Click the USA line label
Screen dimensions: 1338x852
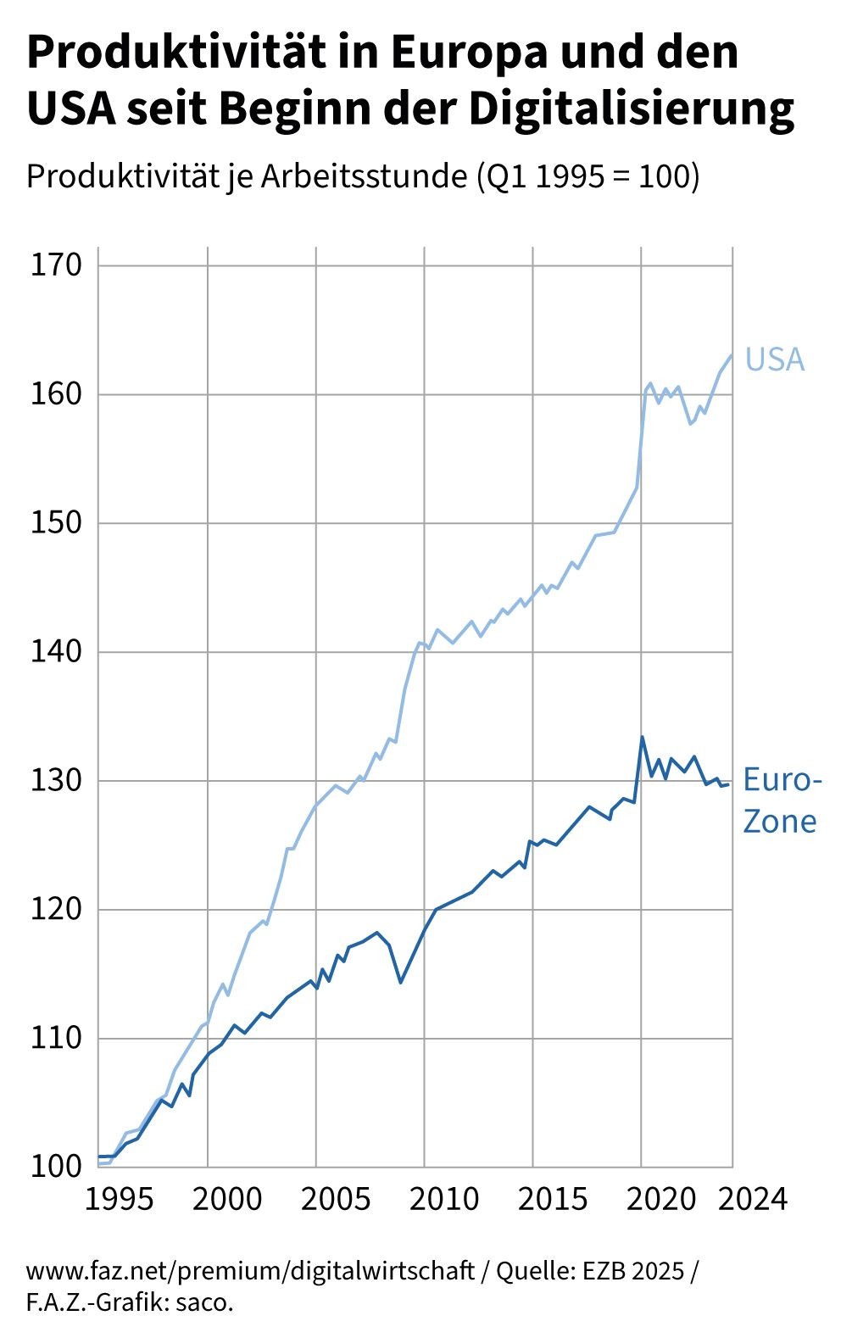click(774, 360)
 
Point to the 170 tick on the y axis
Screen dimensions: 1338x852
click(56, 265)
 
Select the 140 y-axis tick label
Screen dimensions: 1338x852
click(56, 652)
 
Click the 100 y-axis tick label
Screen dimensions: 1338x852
click(56, 1167)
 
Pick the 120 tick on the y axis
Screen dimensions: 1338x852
click(56, 910)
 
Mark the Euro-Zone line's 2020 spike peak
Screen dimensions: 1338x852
click(642, 737)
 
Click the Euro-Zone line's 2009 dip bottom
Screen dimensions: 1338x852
click(400, 982)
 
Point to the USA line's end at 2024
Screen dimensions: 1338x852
click(731, 355)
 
